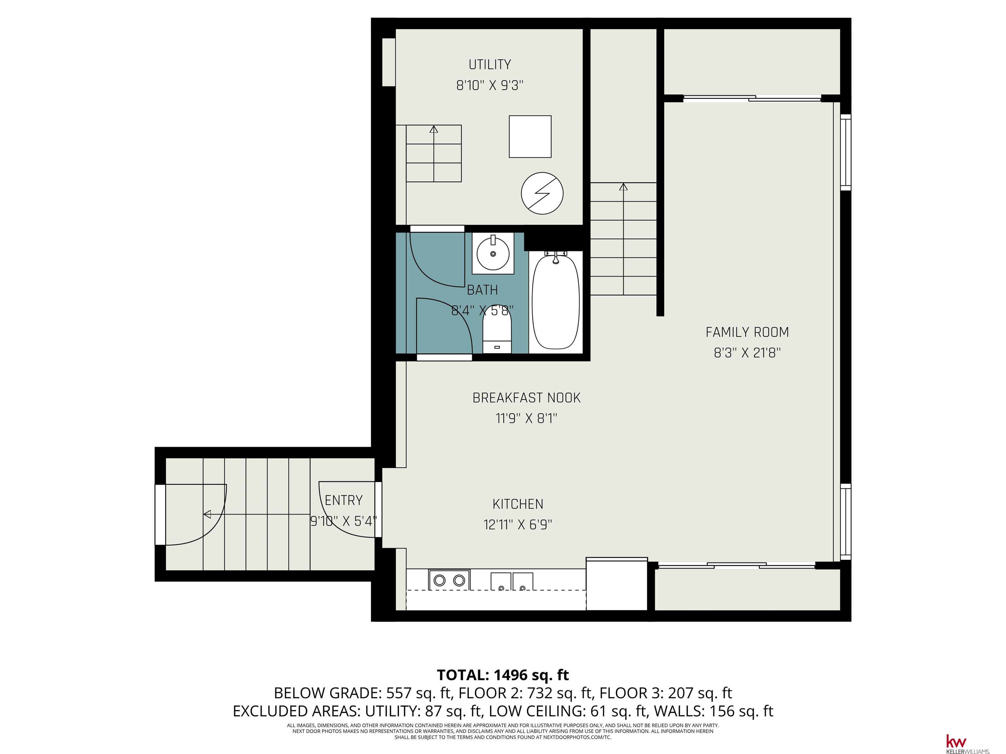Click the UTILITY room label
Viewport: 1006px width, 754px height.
pyautogui.click(x=490, y=64)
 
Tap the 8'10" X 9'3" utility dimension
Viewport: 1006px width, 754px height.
pyautogui.click(x=490, y=85)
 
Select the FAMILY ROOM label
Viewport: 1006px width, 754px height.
pyautogui.click(x=747, y=332)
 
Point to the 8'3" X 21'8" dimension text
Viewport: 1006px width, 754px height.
pyautogui.click(x=747, y=353)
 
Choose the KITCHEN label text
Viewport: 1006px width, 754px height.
pyautogui.click(x=518, y=504)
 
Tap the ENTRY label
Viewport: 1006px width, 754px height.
pyautogui.click(x=344, y=500)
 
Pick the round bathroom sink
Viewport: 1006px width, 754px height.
pyautogui.click(x=493, y=253)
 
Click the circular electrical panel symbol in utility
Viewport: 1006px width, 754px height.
pyautogui.click(x=542, y=193)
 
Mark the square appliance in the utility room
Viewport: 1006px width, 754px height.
pyautogui.click(x=530, y=136)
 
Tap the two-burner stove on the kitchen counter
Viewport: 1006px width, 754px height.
pyautogui.click(x=449, y=580)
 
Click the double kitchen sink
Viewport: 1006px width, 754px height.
pyautogui.click(x=512, y=581)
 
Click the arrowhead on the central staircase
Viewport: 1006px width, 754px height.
pyautogui.click(x=624, y=187)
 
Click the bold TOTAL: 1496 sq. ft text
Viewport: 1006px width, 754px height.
pyautogui.click(x=503, y=675)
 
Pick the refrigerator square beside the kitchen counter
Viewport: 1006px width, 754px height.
pyautogui.click(x=617, y=584)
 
